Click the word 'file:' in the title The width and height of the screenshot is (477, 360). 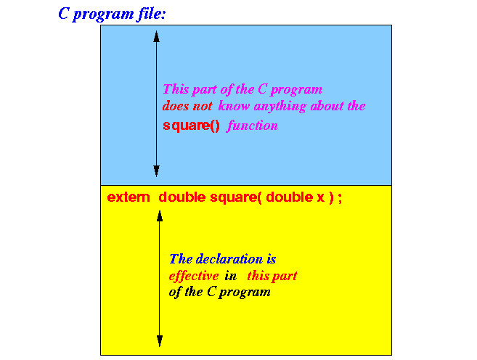point(150,14)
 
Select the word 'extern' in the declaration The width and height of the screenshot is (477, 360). point(129,197)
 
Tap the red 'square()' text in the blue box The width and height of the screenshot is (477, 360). point(191,126)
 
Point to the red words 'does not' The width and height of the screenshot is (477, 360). point(187,106)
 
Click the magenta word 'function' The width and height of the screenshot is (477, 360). point(252,126)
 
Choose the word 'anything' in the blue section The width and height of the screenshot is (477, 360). point(280,107)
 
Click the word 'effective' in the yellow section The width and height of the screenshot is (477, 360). point(193,276)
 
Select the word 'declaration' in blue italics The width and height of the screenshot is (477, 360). point(229,259)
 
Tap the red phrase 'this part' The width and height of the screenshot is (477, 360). point(272,276)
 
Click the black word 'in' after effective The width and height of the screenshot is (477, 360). point(231,276)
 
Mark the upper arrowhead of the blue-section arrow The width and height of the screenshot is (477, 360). point(156,36)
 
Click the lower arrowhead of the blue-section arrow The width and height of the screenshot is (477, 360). point(156,171)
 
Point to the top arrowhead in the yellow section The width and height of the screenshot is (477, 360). point(160,216)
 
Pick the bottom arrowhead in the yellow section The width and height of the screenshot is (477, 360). point(160,341)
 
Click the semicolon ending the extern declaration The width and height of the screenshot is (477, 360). point(340,198)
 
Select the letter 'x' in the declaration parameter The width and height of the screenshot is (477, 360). point(321,198)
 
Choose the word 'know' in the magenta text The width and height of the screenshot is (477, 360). point(234,106)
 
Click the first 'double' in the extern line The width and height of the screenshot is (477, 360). point(182,197)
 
